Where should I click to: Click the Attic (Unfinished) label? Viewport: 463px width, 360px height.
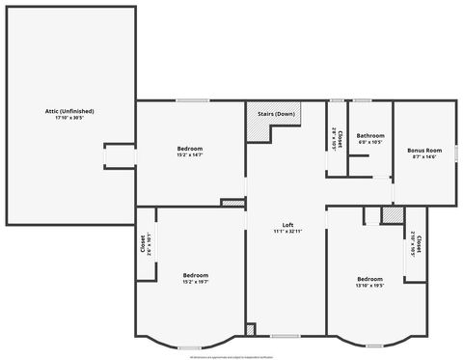pyautogui.click(x=69, y=111)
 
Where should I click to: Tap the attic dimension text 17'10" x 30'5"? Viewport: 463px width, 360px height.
pyautogui.click(x=69, y=118)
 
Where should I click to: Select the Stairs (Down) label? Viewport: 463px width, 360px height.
pyautogui.click(x=276, y=115)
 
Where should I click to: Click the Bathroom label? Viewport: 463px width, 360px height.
pyautogui.click(x=370, y=135)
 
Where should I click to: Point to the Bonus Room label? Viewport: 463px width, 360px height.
pyautogui.click(x=423, y=151)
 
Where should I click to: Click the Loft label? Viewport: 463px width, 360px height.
pyautogui.click(x=287, y=225)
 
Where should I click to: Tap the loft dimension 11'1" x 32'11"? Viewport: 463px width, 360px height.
pyautogui.click(x=287, y=232)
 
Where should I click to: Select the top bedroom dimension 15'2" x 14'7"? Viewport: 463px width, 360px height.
pyautogui.click(x=189, y=154)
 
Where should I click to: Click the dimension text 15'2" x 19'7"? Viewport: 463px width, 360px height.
pyautogui.click(x=196, y=282)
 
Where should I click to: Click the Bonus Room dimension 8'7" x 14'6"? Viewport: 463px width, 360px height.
pyautogui.click(x=423, y=157)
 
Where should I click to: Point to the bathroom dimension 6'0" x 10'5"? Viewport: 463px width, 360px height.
pyautogui.click(x=370, y=142)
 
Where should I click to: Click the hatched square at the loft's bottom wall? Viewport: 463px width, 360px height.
pyautogui.click(x=251, y=330)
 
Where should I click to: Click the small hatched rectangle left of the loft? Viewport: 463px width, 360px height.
pyautogui.click(x=232, y=203)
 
